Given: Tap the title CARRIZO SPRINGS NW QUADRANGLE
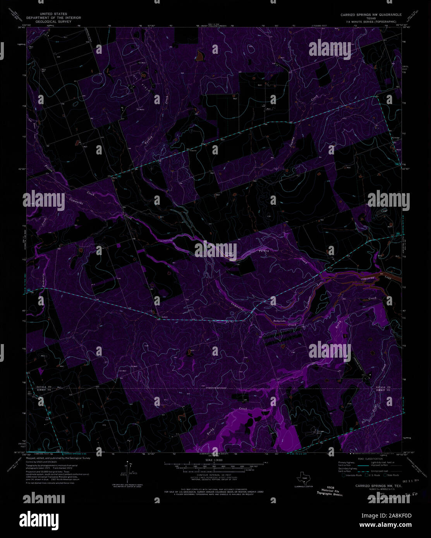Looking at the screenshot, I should point(371,15).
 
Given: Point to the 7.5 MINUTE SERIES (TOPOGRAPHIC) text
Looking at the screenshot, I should point(371,22).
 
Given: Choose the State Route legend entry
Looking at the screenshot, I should point(392,475).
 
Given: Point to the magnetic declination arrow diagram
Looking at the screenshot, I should point(130,470).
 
